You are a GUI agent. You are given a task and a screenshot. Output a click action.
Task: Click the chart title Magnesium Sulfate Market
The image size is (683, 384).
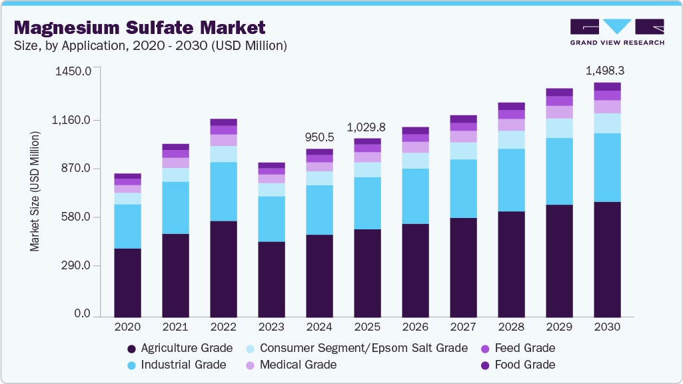click(139, 27)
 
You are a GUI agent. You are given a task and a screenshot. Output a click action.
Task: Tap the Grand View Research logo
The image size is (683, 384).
click(616, 32)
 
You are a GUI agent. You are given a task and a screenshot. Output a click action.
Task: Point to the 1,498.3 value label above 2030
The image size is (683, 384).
click(604, 71)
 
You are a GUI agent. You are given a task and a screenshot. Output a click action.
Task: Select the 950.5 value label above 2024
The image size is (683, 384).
click(320, 137)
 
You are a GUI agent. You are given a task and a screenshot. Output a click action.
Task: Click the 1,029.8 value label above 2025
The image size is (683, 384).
click(367, 127)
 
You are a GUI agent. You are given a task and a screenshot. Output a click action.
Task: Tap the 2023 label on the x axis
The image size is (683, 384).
click(271, 327)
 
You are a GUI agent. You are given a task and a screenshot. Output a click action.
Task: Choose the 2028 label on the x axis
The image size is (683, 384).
click(511, 327)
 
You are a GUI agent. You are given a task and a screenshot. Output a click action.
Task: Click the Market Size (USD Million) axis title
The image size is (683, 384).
click(34, 191)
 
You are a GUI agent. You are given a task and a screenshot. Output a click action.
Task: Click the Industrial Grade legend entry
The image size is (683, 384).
click(176, 365)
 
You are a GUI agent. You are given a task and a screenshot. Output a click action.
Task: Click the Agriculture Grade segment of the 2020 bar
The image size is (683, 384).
click(127, 282)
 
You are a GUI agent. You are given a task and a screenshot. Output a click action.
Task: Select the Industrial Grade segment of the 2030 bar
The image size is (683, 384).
click(607, 167)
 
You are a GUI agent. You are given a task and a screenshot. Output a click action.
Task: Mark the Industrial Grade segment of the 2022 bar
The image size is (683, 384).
click(223, 191)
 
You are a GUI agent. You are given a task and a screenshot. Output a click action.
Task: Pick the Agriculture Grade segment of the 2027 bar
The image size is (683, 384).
click(463, 267)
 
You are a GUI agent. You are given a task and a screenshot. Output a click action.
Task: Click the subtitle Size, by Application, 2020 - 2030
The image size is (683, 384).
click(151, 46)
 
